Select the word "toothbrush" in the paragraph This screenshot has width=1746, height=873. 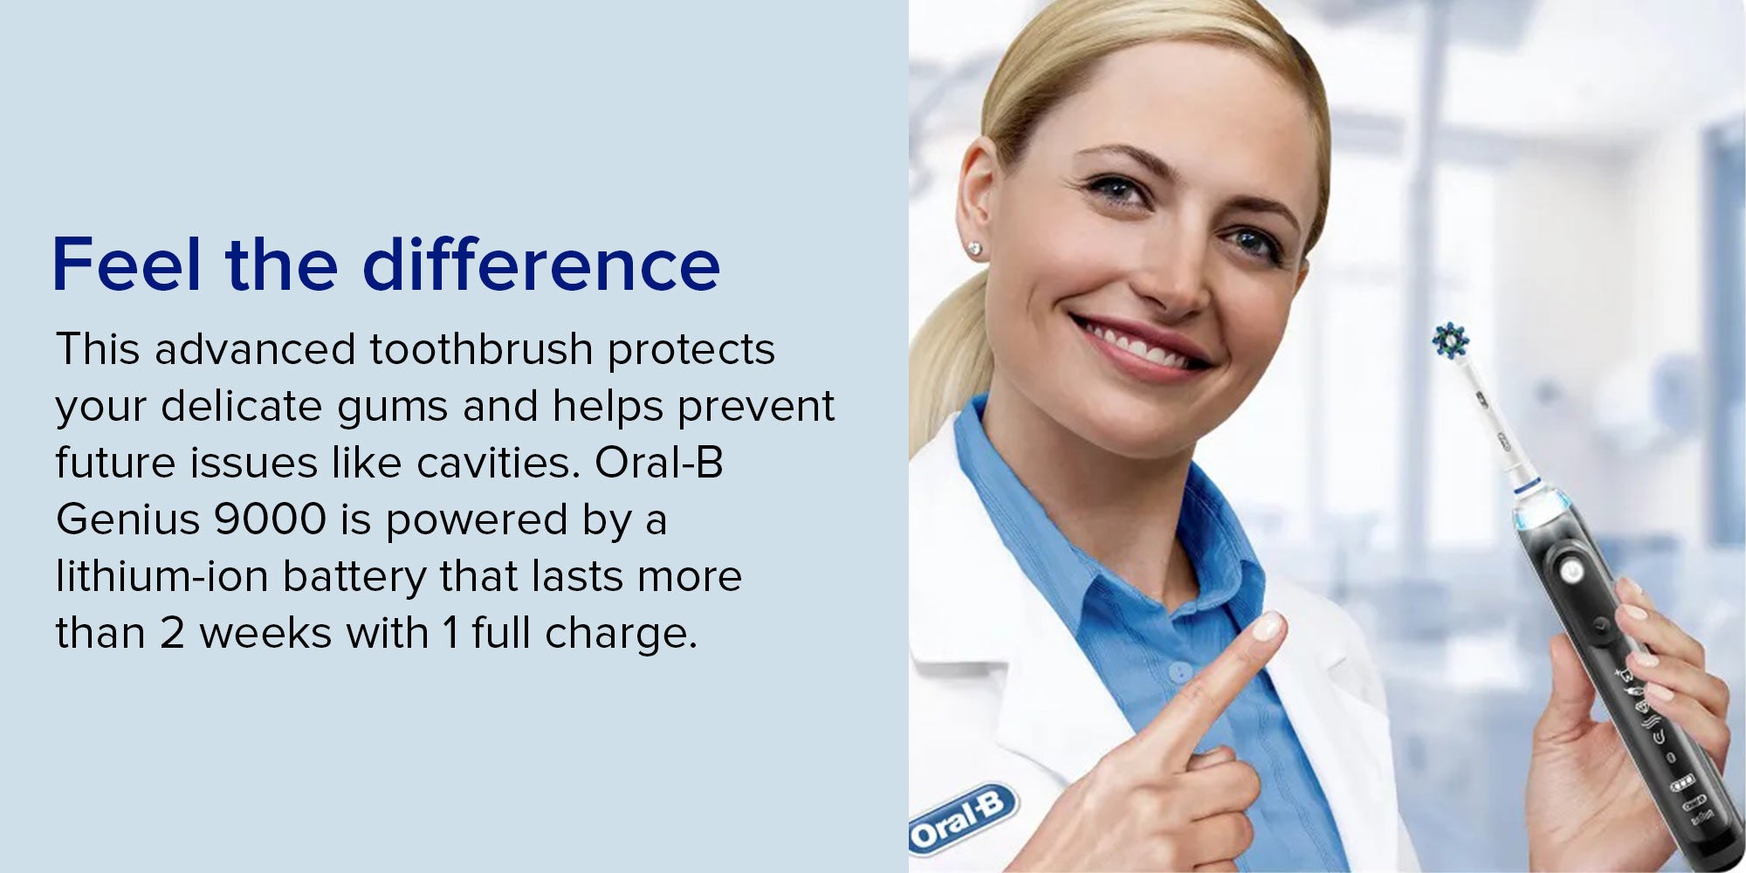(481, 349)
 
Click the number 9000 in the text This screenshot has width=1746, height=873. (271, 519)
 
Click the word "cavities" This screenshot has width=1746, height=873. (497, 463)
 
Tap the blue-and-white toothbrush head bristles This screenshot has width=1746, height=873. (1451, 340)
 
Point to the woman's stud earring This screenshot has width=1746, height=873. (974, 250)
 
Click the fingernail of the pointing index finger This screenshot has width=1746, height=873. (1265, 626)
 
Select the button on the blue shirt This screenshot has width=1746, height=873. (1179, 672)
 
